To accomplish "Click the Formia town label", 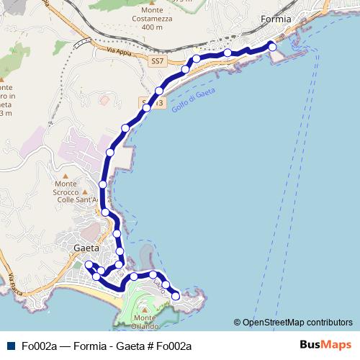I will [276, 19].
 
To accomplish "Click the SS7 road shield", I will [158, 62].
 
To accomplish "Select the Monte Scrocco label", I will [70, 193].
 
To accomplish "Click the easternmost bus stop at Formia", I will [272, 46].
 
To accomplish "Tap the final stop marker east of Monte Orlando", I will [175, 294].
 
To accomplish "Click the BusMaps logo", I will [326, 346].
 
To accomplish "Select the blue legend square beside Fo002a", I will [9, 346].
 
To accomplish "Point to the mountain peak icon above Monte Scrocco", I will [66, 175].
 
